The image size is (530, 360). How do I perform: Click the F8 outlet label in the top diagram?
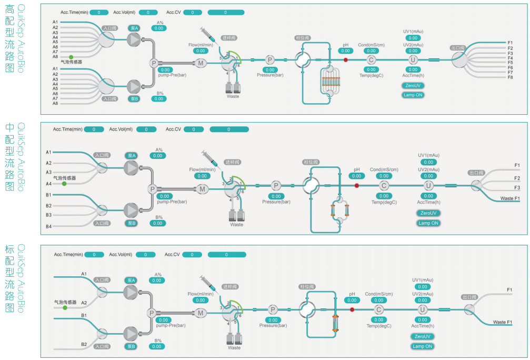510,77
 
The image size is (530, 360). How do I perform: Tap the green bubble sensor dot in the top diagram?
71,56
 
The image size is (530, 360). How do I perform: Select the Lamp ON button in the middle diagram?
428,223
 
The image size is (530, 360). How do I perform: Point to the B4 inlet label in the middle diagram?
48,226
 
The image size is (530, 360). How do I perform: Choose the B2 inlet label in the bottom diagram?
84,344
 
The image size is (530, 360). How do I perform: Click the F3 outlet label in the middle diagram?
517,187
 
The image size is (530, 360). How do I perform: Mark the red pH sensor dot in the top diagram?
346,60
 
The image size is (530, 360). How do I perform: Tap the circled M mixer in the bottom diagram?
200,313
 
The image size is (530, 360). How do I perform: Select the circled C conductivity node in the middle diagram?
384,185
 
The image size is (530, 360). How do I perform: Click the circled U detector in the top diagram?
413,60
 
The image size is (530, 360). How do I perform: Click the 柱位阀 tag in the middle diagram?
311,162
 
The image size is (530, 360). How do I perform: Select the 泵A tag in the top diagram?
134,28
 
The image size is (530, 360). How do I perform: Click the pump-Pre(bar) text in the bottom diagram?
171,326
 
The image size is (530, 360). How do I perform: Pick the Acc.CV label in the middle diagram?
173,129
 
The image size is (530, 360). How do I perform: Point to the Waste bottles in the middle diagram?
236,216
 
